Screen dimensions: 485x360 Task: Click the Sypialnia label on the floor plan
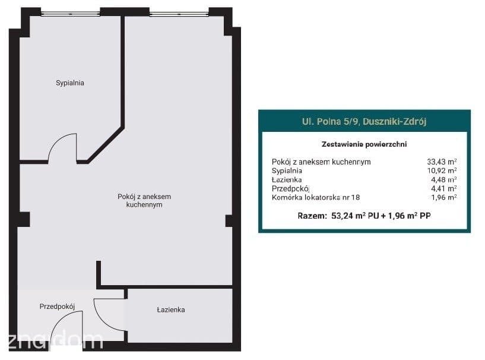pyautogui.click(x=70, y=83)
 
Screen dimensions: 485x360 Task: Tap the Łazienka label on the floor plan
pyautogui.click(x=171, y=310)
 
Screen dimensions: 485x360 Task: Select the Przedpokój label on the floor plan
pyautogui.click(x=57, y=307)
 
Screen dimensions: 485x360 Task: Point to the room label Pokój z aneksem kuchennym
pyautogui.click(x=144, y=201)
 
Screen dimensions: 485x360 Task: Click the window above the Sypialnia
pyautogui.click(x=70, y=13)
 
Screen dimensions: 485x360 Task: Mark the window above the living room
pyautogui.click(x=179, y=13)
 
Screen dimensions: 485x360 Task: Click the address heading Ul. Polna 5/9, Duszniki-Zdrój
pyautogui.click(x=364, y=121)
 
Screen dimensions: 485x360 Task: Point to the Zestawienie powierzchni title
pyautogui.click(x=364, y=144)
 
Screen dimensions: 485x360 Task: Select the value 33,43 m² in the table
pyautogui.click(x=442, y=162)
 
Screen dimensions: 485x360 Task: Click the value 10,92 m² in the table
pyautogui.click(x=442, y=170)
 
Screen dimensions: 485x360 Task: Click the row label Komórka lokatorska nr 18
pyautogui.click(x=316, y=197)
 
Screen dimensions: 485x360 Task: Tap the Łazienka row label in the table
pyautogui.click(x=287, y=179)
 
